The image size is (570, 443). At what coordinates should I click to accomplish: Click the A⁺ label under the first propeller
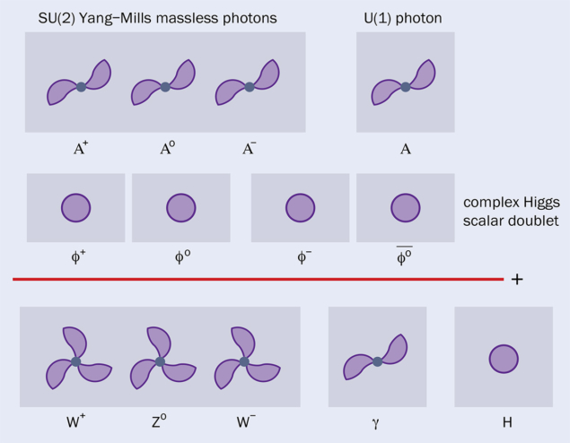click(81, 149)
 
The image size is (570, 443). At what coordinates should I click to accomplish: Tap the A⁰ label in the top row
click(165, 149)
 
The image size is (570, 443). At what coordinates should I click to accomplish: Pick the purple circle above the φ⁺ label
click(75, 208)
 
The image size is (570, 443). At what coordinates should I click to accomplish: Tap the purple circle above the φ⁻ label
click(300, 208)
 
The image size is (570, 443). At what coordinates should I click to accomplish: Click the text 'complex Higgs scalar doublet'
click(508, 212)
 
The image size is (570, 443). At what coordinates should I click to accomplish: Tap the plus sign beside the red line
click(517, 279)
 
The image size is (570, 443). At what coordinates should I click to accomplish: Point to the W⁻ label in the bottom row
click(245, 420)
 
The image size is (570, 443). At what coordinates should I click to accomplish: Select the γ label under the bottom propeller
click(377, 421)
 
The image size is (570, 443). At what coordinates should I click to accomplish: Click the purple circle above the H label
click(504, 360)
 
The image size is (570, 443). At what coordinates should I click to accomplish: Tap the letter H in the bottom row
click(504, 420)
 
